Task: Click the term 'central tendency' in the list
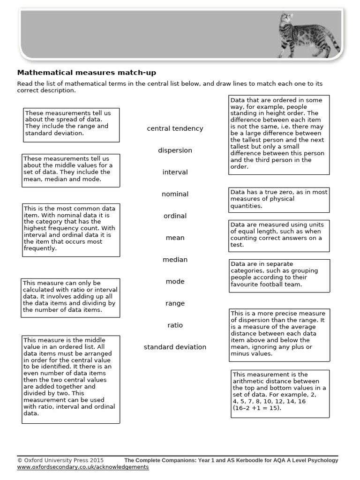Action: point(175,128)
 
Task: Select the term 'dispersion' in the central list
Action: point(175,150)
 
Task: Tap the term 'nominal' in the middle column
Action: point(175,194)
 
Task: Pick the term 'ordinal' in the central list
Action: point(175,216)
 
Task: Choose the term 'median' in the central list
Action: point(175,260)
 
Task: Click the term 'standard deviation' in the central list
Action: point(175,347)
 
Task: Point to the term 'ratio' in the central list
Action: point(175,325)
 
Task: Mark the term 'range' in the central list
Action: point(175,303)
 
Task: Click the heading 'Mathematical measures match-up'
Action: point(87,73)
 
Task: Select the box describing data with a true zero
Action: point(279,199)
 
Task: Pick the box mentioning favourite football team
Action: point(279,274)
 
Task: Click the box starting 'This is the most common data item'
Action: point(71,230)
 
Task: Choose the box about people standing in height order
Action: point(279,135)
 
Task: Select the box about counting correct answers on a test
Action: point(279,235)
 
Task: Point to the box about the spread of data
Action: point(71,125)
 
